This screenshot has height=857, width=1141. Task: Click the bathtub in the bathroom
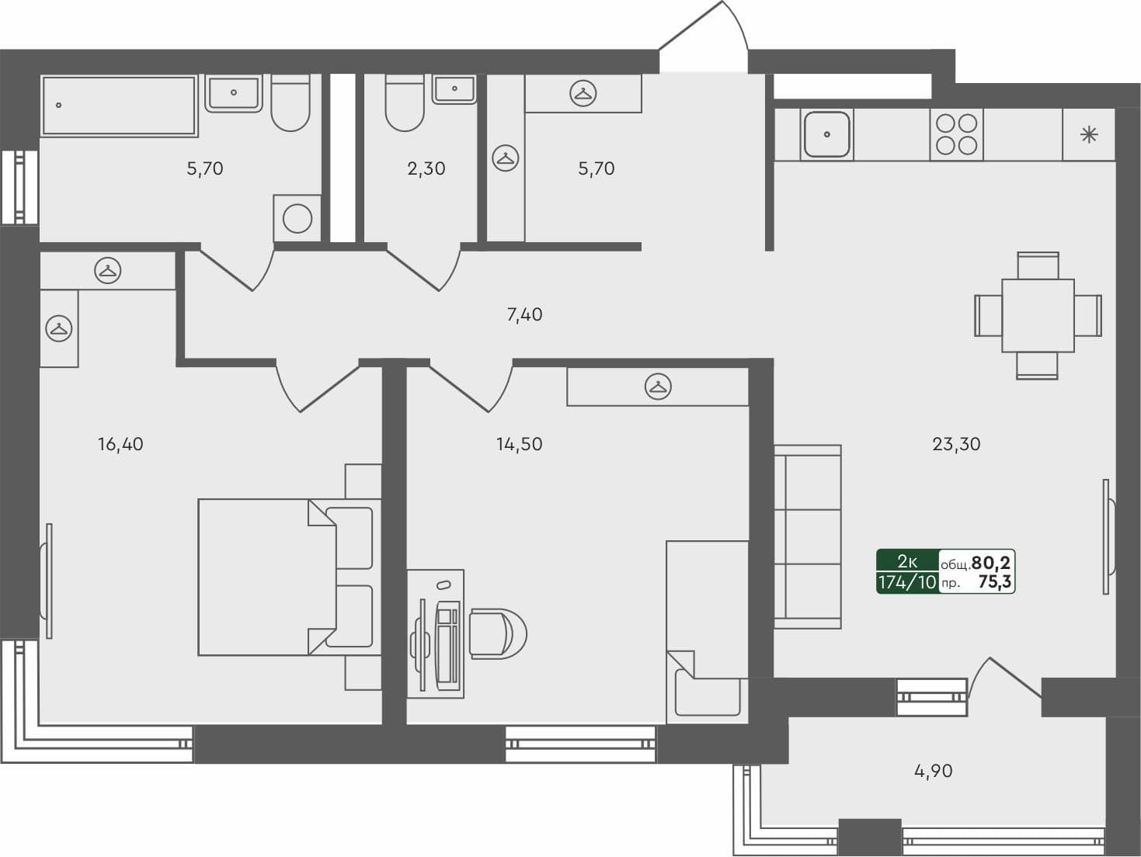pyautogui.click(x=119, y=106)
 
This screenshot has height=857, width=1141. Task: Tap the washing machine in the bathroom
pyautogui.click(x=297, y=219)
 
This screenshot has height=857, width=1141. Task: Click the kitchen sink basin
pyautogui.click(x=826, y=134)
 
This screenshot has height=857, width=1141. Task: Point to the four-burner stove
pyautogui.click(x=956, y=134)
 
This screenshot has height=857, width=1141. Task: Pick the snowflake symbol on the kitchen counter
pyautogui.click(x=1089, y=135)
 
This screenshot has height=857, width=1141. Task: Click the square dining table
pyautogui.click(x=1038, y=315)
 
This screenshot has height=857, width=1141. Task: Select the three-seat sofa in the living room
pyautogui.click(x=808, y=536)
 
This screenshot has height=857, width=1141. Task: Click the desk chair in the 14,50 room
pyautogui.click(x=496, y=634)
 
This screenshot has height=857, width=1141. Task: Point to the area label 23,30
pyautogui.click(x=956, y=444)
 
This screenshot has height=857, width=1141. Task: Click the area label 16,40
pyautogui.click(x=120, y=444)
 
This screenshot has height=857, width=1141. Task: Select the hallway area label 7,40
pyautogui.click(x=524, y=314)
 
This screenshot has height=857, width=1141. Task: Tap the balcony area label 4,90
pyautogui.click(x=933, y=771)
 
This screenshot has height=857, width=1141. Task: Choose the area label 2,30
pyautogui.click(x=426, y=168)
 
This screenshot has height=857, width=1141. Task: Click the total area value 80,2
pyautogui.click(x=991, y=562)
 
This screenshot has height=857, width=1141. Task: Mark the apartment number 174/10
pyautogui.click(x=907, y=582)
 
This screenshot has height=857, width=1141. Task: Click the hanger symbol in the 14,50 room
pyautogui.click(x=658, y=387)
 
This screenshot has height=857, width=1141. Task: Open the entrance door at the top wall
pyautogui.click(x=704, y=39)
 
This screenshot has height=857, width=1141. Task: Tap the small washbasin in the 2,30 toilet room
pyautogui.click(x=454, y=89)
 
